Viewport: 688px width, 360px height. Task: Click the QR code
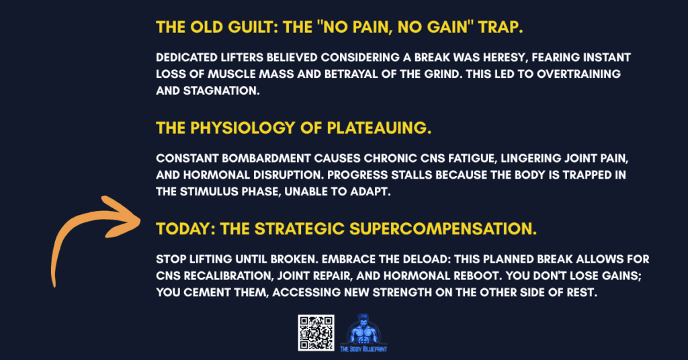click(x=315, y=332)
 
